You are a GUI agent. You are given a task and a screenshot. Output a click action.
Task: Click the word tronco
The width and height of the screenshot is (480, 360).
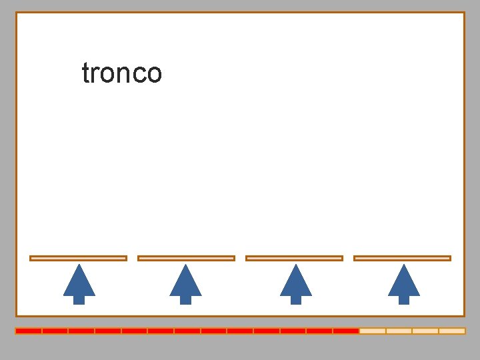point(122,73)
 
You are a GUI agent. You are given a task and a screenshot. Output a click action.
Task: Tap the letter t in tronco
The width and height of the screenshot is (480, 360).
point(85,73)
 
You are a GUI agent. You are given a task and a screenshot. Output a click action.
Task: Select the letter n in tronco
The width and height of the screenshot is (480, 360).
point(123,74)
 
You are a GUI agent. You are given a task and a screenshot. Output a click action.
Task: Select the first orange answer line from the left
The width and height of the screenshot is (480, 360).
point(78,258)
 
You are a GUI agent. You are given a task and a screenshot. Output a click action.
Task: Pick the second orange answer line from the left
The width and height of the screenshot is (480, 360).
point(186,258)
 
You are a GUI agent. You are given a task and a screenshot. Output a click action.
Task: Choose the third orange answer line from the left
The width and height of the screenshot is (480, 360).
point(294,258)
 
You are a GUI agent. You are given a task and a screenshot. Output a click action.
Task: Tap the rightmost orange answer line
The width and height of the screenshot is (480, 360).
point(402,258)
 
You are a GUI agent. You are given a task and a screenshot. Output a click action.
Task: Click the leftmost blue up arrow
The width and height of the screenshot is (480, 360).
point(79,283)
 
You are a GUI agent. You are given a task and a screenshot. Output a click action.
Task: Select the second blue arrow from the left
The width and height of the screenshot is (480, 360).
point(185,283)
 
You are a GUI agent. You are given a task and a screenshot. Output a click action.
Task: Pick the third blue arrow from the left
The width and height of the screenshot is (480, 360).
point(296,283)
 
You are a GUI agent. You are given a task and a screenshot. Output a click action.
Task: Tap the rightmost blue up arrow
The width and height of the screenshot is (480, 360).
point(404,283)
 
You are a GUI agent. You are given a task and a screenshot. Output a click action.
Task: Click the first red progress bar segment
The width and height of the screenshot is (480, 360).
point(29,331)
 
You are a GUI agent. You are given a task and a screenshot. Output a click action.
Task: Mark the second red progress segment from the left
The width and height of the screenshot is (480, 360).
point(55,331)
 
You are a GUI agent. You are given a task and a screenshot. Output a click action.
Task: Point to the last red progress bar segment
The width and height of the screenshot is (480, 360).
point(346,331)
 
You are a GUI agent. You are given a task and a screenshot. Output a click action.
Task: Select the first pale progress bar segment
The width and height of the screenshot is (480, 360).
point(373,331)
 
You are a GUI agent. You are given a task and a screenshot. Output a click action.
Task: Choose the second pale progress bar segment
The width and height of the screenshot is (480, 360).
point(399,331)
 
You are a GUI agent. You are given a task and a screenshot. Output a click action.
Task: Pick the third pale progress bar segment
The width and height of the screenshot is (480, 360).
point(425,331)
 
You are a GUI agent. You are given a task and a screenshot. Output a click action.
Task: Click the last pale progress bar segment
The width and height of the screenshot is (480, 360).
point(452,331)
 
